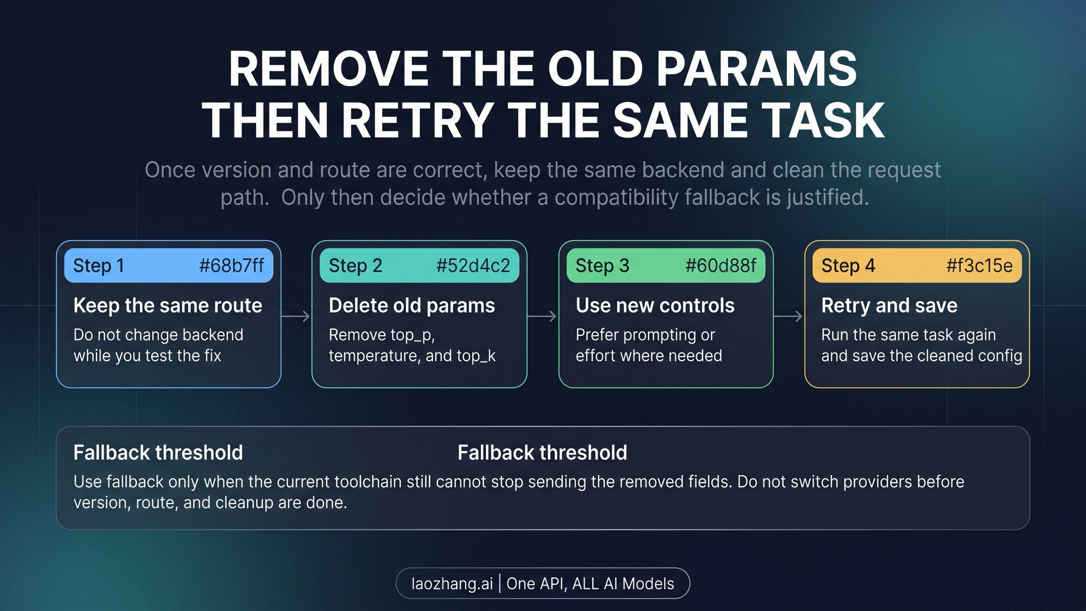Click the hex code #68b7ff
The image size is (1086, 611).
coord(231,266)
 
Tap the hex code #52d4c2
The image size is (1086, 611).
coord(473,266)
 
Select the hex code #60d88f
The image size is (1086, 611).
coord(720,266)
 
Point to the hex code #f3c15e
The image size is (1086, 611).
coord(979,266)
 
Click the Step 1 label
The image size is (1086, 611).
coord(99,266)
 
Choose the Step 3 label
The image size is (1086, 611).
coord(602,266)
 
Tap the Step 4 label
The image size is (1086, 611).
coord(848,266)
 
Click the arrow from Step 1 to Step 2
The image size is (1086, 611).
coord(296,316)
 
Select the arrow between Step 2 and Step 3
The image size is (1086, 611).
coord(542,316)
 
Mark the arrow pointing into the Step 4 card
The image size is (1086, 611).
coord(788,316)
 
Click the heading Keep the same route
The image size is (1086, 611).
coord(168,305)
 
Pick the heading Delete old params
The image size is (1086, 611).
coord(412,305)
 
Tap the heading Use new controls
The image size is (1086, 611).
coord(655,305)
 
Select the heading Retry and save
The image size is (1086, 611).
coord(889,305)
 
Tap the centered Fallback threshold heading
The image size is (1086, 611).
coord(542,453)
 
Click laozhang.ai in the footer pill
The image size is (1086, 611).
coord(452,583)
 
